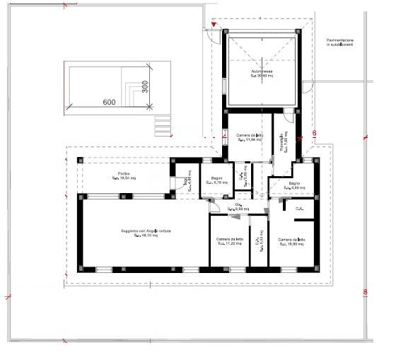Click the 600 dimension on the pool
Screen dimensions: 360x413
pyautogui.click(x=109, y=102)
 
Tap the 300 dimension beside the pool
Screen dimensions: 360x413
pyautogui.click(x=144, y=86)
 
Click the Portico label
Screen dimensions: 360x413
pyautogui.click(x=123, y=177)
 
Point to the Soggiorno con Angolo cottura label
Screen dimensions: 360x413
pyautogui.click(x=145, y=234)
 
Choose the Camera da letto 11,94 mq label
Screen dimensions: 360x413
pyautogui.click(x=249, y=137)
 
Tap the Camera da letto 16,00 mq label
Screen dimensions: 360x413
pyautogui.click(x=291, y=242)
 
